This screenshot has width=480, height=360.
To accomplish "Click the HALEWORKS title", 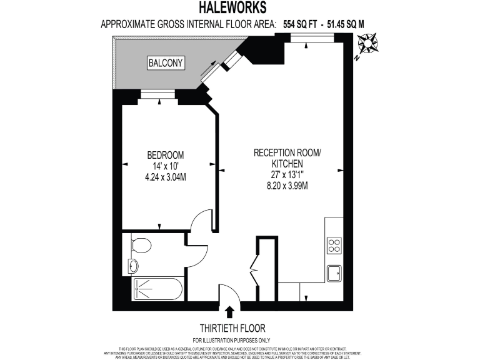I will (232, 7).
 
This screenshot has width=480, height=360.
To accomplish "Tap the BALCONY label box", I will (166, 62).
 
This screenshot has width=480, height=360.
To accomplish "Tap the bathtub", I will (157, 289).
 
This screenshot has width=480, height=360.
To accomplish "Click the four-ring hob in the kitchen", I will (334, 245).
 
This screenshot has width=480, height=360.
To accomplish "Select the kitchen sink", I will (334, 273).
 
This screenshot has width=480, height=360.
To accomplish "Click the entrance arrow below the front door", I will (229, 311).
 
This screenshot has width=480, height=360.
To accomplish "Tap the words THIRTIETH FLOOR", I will (232, 327).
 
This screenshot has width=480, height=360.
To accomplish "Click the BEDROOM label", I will (165, 155).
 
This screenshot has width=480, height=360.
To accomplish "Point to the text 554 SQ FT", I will (296, 24).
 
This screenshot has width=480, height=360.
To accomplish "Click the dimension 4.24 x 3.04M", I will (165, 177).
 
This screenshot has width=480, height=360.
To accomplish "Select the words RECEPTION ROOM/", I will (287, 152).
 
